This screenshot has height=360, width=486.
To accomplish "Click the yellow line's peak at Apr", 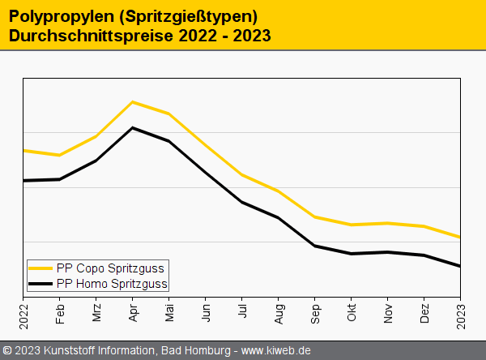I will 133,102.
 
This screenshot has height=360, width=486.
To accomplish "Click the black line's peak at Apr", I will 133,128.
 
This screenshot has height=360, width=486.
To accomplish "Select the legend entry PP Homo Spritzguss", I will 112,284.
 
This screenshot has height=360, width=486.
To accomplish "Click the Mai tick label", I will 169,313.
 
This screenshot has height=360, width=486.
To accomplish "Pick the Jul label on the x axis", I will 242,312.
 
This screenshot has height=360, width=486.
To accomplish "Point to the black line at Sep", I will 315,246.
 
